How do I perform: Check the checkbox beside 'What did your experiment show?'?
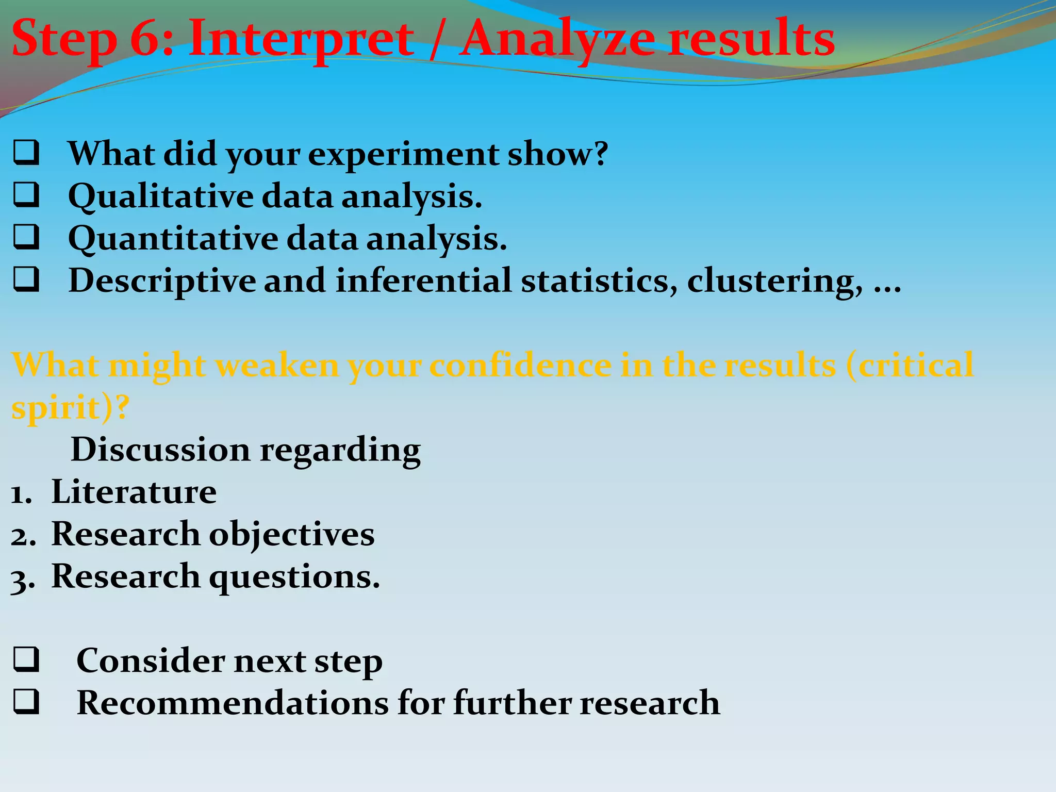[x=26, y=153]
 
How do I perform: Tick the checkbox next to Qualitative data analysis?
[x=26, y=195]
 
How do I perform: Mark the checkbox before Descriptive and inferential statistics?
[x=26, y=280]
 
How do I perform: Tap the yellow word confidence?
[x=520, y=365]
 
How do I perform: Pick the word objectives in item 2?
[x=291, y=534]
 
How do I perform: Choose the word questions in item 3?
[x=294, y=577]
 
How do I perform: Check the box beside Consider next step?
[x=26, y=661]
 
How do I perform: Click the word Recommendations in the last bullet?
[x=233, y=703]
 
